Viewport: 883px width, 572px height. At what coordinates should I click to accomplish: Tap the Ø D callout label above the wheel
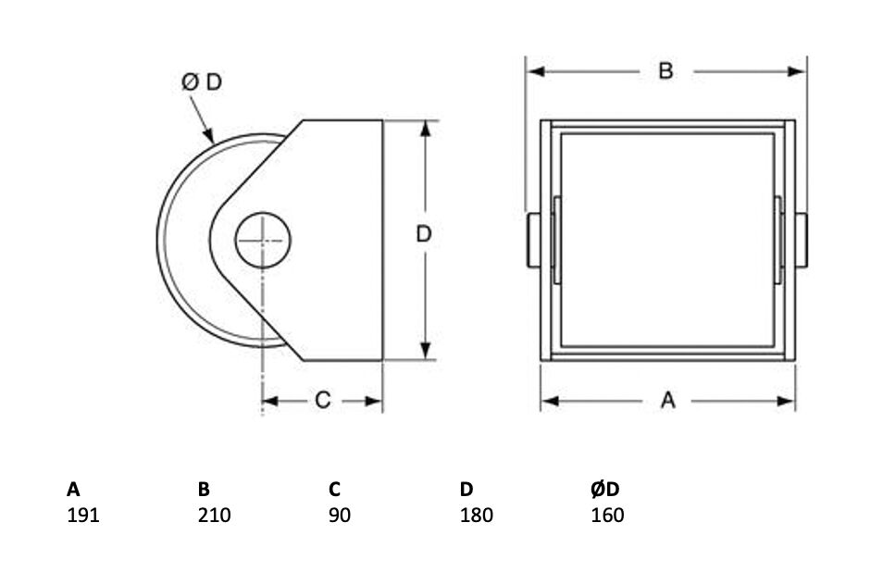(202, 82)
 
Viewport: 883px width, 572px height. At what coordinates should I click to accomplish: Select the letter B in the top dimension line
(665, 71)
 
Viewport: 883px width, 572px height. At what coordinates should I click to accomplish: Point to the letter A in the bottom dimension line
(667, 400)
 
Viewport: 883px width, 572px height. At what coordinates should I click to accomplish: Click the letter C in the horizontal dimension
(323, 400)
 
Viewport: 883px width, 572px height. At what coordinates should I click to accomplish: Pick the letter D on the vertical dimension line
(424, 233)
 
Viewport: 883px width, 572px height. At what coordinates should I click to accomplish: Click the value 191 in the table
(83, 516)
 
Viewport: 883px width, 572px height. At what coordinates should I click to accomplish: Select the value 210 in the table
(214, 516)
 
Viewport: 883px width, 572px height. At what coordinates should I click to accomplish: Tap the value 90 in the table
(340, 516)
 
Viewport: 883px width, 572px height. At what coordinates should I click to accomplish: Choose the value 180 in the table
(477, 516)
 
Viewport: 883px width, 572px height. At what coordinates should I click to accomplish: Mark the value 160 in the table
(607, 516)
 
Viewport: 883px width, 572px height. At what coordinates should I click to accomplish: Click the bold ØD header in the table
(605, 490)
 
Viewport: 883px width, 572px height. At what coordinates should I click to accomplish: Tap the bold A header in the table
(73, 490)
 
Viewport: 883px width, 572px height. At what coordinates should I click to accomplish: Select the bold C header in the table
(334, 490)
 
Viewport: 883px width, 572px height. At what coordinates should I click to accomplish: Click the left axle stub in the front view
(533, 240)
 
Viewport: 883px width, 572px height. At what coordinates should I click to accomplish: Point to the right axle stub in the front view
(802, 240)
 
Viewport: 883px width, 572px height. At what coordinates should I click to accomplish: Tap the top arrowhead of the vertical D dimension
(426, 129)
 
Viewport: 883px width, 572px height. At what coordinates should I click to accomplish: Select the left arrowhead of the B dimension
(536, 71)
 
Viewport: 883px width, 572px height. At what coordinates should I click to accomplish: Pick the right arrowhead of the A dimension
(786, 401)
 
